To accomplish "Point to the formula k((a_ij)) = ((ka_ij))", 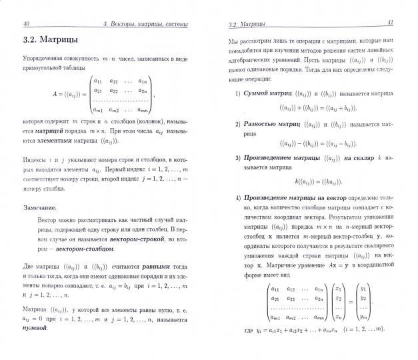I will coord(317,181).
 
